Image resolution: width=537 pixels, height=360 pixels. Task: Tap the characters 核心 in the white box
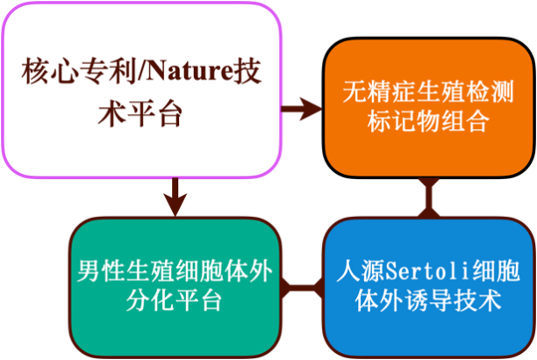(x=49, y=71)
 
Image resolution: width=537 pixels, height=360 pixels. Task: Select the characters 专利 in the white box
(x=107, y=71)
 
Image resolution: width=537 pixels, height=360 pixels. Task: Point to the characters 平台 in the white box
(x=154, y=113)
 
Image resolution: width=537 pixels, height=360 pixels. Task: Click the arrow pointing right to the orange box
(x=301, y=109)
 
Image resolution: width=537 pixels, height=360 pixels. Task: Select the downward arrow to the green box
(x=175, y=198)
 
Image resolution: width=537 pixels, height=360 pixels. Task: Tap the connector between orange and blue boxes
(x=429, y=198)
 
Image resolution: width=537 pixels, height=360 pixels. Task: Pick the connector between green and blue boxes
(x=302, y=287)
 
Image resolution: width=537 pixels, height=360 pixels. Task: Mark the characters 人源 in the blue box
(x=361, y=271)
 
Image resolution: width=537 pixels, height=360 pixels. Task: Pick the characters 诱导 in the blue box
(x=428, y=300)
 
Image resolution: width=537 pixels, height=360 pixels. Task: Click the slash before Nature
(x=140, y=71)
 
